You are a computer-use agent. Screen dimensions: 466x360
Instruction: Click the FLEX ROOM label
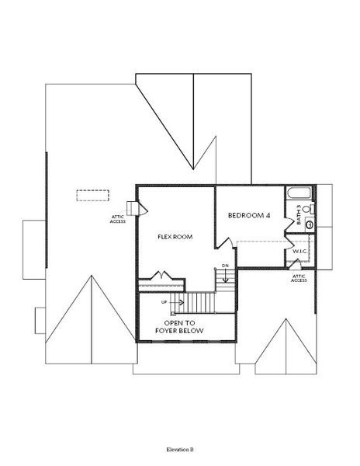tap(175, 236)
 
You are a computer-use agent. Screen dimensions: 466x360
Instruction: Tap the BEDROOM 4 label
tap(247, 214)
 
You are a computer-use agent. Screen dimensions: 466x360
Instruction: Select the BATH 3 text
tap(299, 215)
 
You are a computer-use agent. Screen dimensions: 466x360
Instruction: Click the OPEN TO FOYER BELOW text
tap(184, 326)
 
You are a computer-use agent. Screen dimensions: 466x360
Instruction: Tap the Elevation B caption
tap(179, 450)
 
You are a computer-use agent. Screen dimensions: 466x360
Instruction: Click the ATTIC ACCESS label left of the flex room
tap(118, 219)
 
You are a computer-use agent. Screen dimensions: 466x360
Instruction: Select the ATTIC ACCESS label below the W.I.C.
tap(299, 278)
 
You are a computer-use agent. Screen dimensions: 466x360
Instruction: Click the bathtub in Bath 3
tap(298, 194)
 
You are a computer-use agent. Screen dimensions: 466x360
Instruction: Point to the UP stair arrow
tap(175, 302)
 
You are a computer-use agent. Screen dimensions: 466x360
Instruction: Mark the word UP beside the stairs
tap(164, 302)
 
